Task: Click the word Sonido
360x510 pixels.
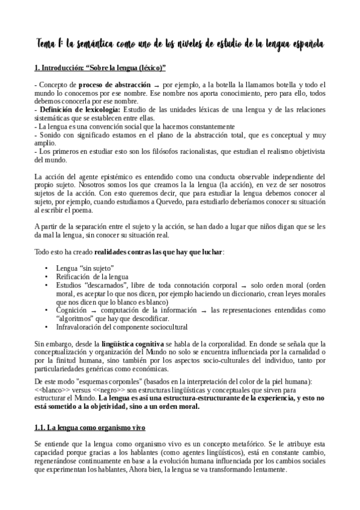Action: tap(50, 137)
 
